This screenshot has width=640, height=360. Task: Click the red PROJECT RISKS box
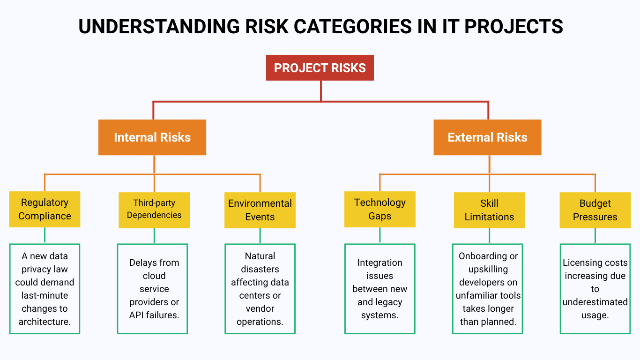tap(320, 68)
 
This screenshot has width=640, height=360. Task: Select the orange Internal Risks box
tap(152, 137)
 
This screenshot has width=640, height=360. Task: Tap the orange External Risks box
tap(487, 137)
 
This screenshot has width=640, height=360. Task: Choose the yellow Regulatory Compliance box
tap(45, 209)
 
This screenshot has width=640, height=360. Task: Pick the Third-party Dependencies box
tap(154, 210)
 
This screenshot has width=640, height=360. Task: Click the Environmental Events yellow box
tap(260, 210)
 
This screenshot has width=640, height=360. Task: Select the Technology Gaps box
tap(380, 209)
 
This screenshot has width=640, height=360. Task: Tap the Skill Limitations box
tap(489, 210)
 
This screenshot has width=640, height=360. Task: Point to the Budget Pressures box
tap(595, 210)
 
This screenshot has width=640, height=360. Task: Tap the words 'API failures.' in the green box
tap(154, 315)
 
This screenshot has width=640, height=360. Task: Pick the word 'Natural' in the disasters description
tap(260, 256)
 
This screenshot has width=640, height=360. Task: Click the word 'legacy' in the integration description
tap(389, 302)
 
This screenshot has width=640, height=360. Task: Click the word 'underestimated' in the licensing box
tap(595, 302)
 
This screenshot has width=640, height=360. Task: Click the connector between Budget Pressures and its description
tap(595, 236)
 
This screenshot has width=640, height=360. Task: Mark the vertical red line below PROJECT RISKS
tap(321, 90)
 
